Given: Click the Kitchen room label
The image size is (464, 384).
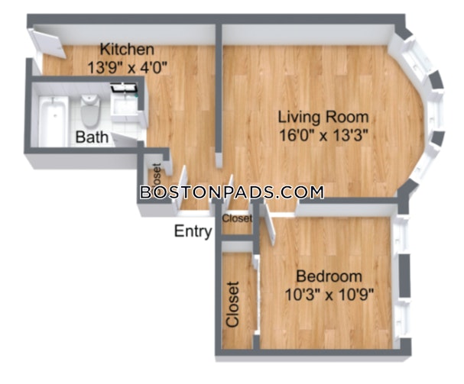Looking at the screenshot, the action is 127,50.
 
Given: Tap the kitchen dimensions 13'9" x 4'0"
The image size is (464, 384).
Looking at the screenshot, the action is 128,67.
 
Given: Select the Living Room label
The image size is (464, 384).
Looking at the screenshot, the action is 323,117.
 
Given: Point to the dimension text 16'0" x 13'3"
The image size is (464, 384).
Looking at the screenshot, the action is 323,136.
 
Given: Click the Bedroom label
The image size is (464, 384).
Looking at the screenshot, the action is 329,276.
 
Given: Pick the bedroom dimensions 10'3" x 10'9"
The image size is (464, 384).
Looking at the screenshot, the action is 329,295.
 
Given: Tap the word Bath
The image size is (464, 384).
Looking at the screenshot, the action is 92,137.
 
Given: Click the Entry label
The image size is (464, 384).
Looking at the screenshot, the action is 193,231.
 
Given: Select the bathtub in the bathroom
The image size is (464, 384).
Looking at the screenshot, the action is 54,121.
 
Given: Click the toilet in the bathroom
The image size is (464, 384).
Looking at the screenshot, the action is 90,110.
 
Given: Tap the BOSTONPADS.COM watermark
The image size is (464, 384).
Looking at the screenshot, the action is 232,192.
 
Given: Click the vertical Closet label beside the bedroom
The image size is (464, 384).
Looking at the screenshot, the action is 232,304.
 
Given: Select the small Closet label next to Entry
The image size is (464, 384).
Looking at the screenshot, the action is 237,218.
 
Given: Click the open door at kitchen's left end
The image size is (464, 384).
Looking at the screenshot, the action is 48,44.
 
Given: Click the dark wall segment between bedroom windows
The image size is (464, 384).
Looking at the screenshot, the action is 404,276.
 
